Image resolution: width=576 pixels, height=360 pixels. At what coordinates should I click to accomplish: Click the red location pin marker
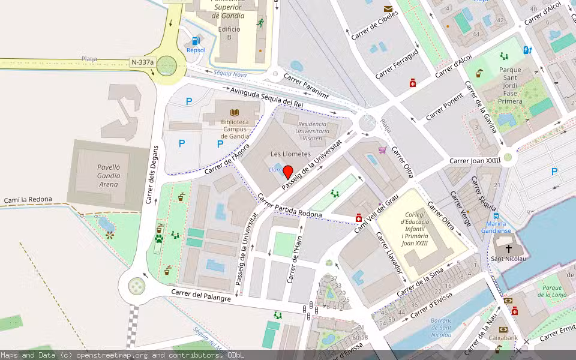tap(287, 172)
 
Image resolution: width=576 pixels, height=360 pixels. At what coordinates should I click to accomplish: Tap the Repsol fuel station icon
tap(196, 41)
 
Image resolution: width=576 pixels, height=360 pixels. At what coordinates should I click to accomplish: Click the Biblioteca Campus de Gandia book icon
tap(234, 112)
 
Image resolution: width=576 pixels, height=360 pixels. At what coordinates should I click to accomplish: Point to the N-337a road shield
tap(143, 62)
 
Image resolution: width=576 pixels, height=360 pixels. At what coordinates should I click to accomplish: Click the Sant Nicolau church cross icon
tap(509, 248)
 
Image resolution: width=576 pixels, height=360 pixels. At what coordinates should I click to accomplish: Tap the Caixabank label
tap(503, 338)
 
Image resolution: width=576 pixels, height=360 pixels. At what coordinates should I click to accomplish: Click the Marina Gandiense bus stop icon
tap(496, 215)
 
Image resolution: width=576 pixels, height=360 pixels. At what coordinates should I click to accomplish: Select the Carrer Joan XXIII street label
tap(475, 161)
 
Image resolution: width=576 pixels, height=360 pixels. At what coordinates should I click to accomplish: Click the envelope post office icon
tap(388, 9)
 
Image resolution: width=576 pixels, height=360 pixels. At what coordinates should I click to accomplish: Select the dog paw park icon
tap(159, 238)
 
